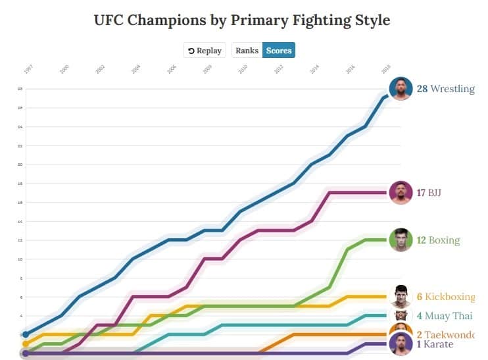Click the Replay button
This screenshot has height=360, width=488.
(x=205, y=51)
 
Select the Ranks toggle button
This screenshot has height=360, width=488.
(x=247, y=51)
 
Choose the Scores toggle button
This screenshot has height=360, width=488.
(x=279, y=51)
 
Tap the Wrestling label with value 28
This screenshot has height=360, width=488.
(x=445, y=89)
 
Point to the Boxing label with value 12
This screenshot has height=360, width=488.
(x=437, y=240)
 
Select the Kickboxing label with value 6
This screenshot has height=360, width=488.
(x=445, y=297)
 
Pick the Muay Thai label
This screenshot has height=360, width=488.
(x=445, y=316)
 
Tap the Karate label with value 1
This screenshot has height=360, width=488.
(x=435, y=344)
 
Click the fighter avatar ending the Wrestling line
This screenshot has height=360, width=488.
(x=400, y=88)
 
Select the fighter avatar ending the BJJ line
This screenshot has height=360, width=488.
(x=400, y=192)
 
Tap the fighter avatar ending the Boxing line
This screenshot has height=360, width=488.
(x=400, y=240)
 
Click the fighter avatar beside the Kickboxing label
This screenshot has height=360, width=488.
(x=400, y=296)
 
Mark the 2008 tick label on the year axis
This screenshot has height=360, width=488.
(x=207, y=68)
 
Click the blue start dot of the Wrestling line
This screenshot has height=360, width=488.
(x=26, y=334)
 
